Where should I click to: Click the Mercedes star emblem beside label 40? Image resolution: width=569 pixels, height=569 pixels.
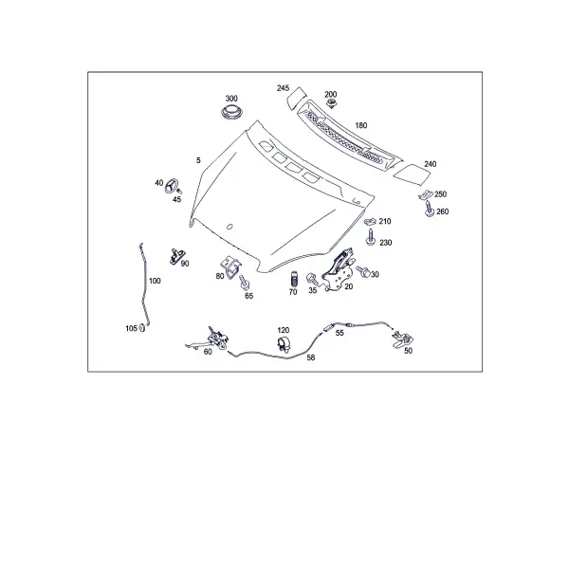tap(172, 186)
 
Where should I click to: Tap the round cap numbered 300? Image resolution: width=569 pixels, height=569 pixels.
tap(232, 112)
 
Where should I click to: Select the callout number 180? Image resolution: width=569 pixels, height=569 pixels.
tap(361, 125)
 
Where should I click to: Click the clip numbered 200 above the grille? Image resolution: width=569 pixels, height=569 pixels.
tap(331, 103)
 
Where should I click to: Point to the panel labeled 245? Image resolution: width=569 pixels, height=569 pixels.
tap(297, 98)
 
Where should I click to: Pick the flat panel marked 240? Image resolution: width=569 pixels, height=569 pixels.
tap(412, 174)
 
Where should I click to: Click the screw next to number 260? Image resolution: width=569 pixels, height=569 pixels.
tap(430, 209)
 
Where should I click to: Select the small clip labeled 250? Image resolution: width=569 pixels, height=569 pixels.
tap(426, 194)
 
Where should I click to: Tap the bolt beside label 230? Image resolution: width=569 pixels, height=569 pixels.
tap(371, 237)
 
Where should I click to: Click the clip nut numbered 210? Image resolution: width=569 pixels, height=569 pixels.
tap(371, 221)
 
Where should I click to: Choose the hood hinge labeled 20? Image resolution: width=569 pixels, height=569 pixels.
tap(339, 269)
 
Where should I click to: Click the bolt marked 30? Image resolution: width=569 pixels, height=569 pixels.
tap(363, 271)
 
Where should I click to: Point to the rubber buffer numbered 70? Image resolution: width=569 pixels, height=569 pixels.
tap(294, 280)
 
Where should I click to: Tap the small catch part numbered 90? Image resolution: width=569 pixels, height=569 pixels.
tap(176, 256)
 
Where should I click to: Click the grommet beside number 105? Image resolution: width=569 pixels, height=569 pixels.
tap(142, 328)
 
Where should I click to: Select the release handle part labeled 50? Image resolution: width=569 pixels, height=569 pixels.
tap(402, 340)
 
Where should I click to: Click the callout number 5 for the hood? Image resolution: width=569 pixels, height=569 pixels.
tap(198, 160)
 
